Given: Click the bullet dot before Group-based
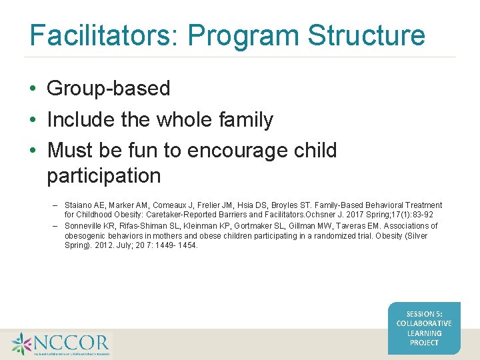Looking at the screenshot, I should click(x=33, y=89).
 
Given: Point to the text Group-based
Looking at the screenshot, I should click(x=109, y=88).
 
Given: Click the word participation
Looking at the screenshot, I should click(x=104, y=176).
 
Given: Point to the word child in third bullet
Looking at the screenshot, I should click(x=317, y=150).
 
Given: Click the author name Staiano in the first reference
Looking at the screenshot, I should click(x=79, y=205).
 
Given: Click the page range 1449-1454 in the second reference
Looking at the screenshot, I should click(x=175, y=245).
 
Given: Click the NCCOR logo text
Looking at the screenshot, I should click(x=70, y=344).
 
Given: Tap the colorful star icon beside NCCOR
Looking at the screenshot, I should click(x=21, y=344).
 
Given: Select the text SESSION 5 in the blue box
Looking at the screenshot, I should click(x=424, y=314).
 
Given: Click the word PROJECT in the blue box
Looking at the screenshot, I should click(x=424, y=343).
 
